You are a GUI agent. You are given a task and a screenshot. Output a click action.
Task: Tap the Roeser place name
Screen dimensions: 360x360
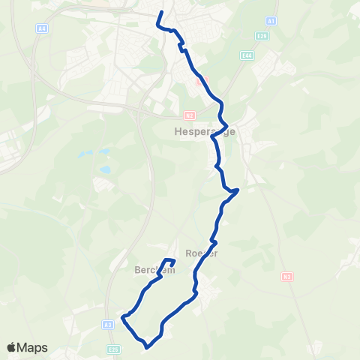pos(200,253)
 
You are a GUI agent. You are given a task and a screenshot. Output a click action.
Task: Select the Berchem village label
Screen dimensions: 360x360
pos(154,270)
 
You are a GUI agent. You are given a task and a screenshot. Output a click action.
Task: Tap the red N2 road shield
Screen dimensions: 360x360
pos(189,115)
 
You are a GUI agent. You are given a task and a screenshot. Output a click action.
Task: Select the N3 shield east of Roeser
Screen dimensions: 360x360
pos(286,276)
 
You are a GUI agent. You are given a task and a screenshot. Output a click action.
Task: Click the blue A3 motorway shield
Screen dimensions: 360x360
pos(109,324)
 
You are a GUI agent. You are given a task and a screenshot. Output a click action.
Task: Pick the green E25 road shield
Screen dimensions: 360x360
pos(113,349)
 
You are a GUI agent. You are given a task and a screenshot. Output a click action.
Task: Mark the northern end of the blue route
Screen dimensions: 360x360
pos(161,12)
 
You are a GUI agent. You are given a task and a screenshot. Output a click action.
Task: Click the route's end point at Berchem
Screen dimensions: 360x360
pos(173,262)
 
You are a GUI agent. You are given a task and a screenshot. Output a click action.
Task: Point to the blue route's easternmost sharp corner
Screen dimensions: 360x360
pos(238,190)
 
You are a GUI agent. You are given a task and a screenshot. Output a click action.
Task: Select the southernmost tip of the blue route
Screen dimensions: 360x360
pos(146,346)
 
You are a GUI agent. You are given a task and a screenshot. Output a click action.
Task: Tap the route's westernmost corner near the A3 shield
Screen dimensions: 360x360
pos(122,318)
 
